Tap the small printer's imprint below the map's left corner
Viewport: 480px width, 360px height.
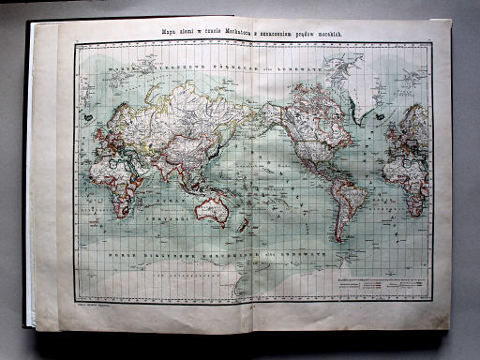pos(95,302)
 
